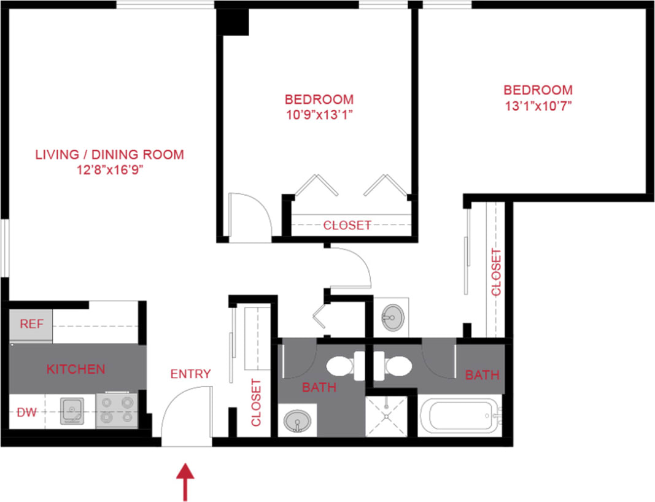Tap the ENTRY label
(x=190, y=374)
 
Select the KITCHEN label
(x=76, y=369)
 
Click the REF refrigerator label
(x=32, y=324)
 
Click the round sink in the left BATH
(x=298, y=422)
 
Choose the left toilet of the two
(x=339, y=367)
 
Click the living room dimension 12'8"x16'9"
(x=109, y=169)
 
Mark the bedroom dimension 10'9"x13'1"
(x=319, y=114)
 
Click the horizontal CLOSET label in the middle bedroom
(x=347, y=225)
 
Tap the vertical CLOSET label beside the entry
(x=256, y=403)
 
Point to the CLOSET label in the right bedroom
(x=496, y=272)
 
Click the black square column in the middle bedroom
(x=235, y=23)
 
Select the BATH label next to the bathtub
(x=482, y=374)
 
